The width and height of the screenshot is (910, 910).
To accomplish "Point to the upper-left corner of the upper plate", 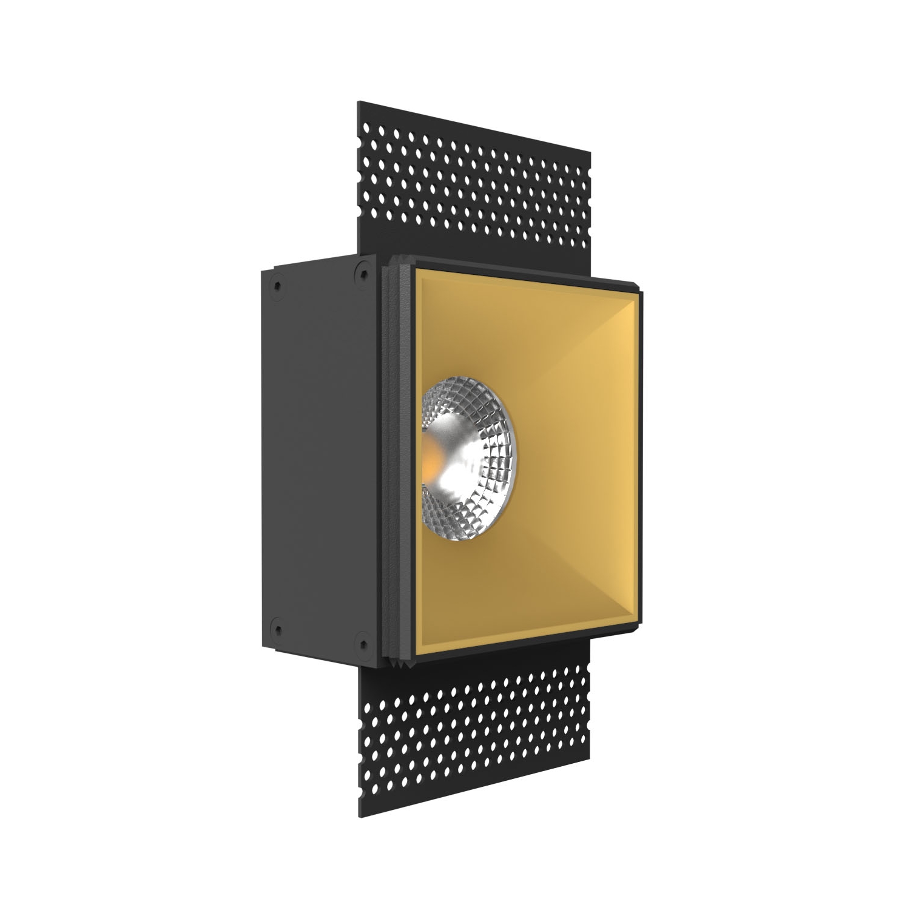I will coord(359,102).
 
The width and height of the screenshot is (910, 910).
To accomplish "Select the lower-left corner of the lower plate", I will coord(359,817).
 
